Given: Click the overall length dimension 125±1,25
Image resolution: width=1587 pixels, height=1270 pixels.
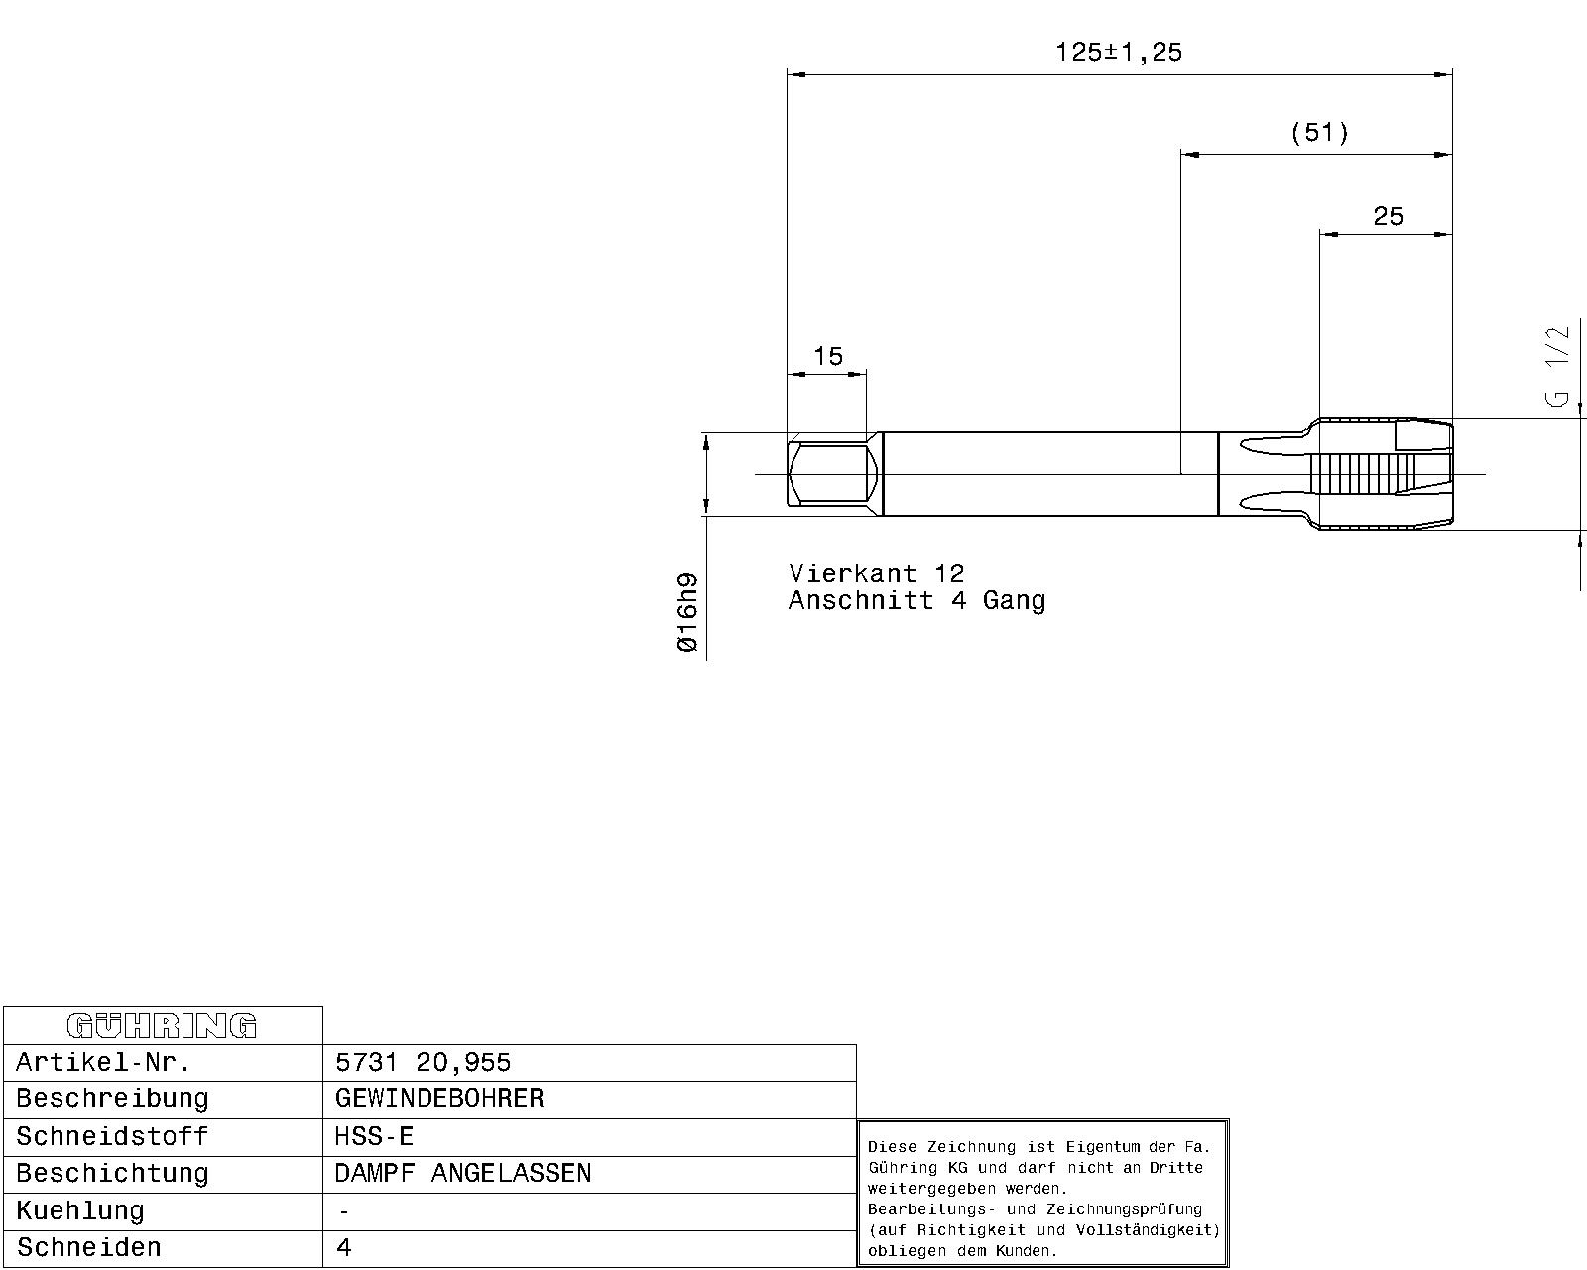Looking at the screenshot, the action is pos(1119,52).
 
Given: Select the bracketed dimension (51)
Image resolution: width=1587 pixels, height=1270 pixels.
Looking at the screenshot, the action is pos(1319,133).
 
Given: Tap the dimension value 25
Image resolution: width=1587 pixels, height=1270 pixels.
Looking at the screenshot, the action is pos(1388,216).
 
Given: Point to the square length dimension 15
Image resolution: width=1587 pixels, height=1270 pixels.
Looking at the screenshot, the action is pos(828,356).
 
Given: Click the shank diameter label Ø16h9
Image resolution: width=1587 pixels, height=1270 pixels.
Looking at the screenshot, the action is pos(687,612).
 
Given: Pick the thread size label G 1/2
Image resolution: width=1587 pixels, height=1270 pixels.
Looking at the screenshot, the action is pos(1557,367).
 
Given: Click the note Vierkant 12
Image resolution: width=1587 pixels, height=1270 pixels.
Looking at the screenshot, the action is pos(876,573).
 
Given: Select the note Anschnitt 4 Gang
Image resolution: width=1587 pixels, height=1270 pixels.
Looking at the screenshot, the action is pos(916,600).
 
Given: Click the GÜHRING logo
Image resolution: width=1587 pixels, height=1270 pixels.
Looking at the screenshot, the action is pos(162,1026).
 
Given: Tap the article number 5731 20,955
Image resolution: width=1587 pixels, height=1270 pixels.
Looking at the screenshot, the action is pos(423,1062).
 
